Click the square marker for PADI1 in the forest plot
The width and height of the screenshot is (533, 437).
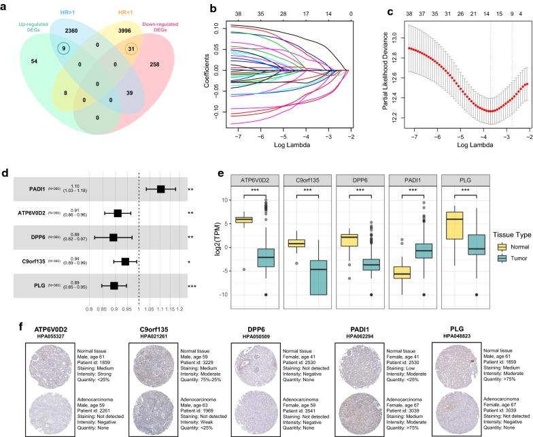coord(161,189)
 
